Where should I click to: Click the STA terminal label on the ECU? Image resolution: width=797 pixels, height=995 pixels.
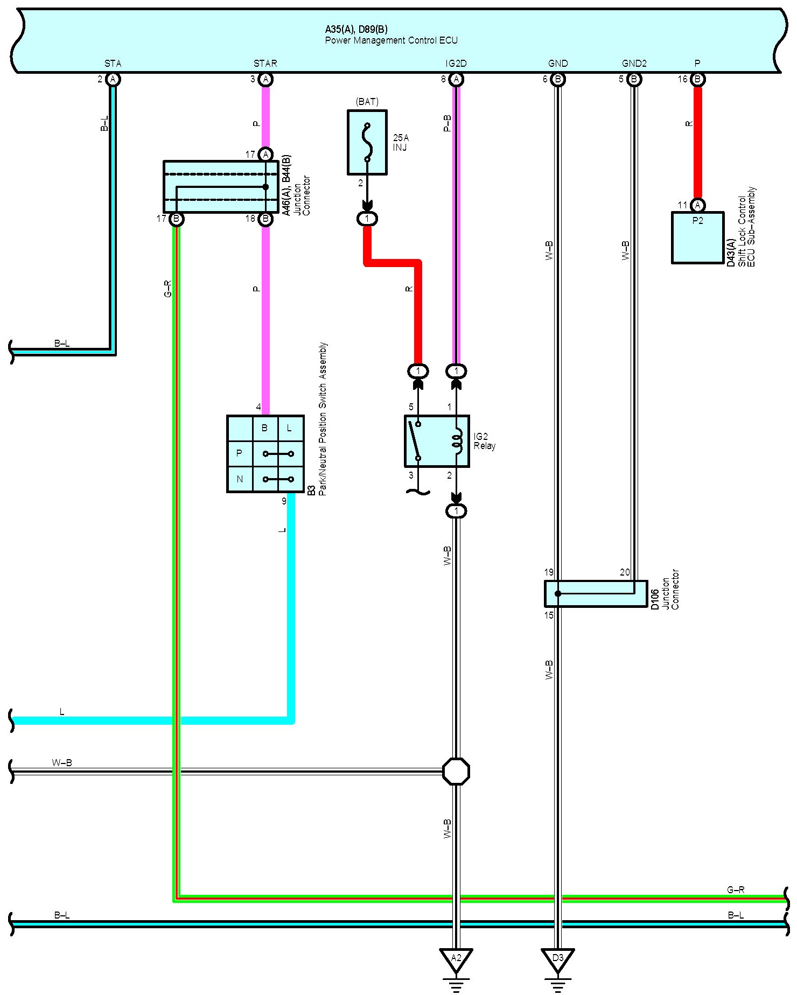click(x=113, y=64)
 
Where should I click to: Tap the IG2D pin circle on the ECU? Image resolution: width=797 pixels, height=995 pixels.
click(x=456, y=80)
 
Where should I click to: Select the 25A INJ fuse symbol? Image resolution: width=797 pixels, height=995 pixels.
click(x=367, y=143)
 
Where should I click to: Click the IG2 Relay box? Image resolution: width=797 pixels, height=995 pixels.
click(x=437, y=441)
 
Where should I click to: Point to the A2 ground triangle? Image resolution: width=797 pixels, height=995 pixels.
click(x=456, y=959)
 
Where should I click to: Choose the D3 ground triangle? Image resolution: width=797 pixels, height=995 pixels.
click(x=558, y=959)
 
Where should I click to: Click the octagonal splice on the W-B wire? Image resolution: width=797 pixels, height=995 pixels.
click(x=456, y=772)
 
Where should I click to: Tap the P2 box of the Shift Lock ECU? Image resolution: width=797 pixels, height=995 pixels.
click(x=697, y=237)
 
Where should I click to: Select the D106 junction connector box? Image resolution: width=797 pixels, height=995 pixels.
click(x=596, y=593)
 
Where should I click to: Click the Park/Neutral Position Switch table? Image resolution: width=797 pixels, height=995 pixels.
click(x=265, y=454)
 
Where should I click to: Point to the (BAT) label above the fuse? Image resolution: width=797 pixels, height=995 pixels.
click(x=367, y=102)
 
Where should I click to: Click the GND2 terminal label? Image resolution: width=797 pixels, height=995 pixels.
click(x=634, y=64)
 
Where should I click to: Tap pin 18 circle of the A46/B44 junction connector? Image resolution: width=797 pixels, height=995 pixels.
click(x=265, y=219)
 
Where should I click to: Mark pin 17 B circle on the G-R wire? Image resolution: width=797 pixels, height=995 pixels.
click(x=176, y=219)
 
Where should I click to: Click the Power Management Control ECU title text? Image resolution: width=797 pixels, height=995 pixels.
click(x=391, y=40)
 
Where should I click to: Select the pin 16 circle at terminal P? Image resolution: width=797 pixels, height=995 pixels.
click(x=697, y=80)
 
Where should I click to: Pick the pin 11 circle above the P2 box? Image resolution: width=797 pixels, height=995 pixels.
click(x=697, y=205)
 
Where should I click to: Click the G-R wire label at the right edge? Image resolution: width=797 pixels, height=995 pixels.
click(x=736, y=890)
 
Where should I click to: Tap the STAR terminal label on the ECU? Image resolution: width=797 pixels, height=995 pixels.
click(x=265, y=64)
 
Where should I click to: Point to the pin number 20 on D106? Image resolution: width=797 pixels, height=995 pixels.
click(x=625, y=572)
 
